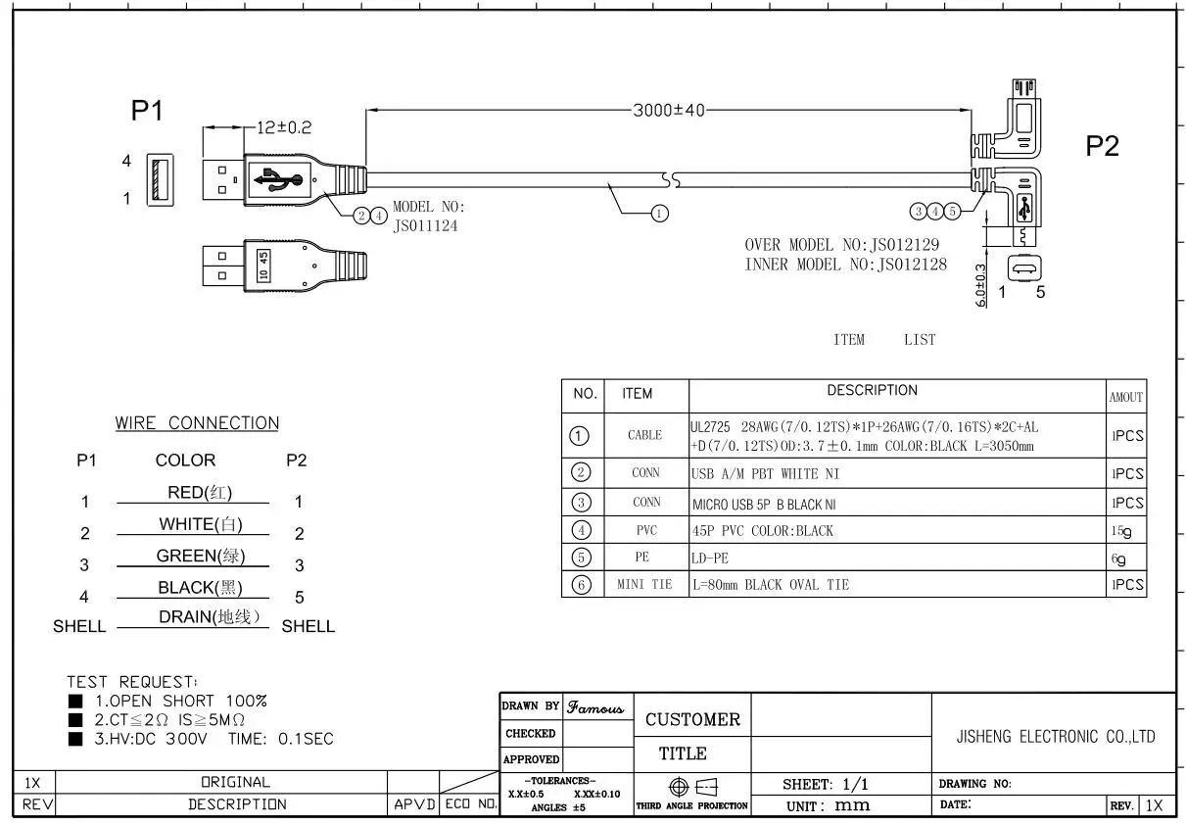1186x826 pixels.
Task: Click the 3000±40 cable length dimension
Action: [669, 111]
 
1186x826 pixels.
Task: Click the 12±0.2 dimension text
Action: [284, 127]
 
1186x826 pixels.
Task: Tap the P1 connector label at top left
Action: [147, 112]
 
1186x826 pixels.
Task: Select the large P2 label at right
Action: [1102, 146]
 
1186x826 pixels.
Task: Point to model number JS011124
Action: [425, 225]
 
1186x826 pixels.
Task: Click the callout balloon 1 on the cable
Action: [660, 213]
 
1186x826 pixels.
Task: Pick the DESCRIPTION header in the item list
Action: [872, 391]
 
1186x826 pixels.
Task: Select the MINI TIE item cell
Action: [644, 585]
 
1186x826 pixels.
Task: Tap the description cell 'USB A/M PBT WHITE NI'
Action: [766, 474]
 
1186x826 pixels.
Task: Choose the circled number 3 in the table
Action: [581, 503]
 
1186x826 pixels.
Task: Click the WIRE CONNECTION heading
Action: [197, 423]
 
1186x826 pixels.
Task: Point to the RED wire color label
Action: [200, 492]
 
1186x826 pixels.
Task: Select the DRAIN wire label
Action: [210, 617]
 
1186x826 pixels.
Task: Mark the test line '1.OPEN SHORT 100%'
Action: [180, 701]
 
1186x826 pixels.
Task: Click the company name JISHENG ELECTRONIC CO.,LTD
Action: [1055, 737]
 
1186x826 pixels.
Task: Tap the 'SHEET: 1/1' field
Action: [826, 784]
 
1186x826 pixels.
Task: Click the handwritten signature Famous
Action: [596, 705]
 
